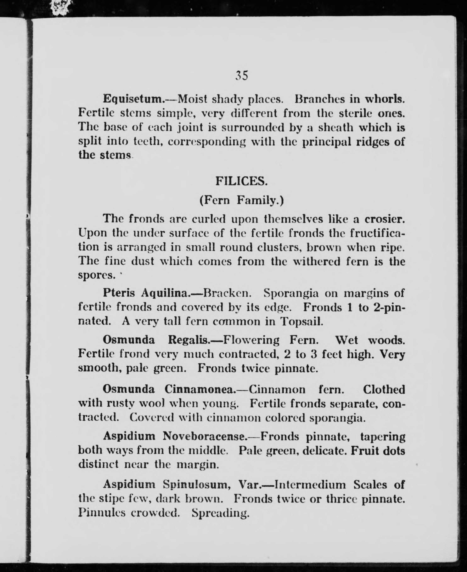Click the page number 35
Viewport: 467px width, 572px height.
pos(241,75)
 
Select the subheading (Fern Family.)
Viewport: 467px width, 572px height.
pos(241,201)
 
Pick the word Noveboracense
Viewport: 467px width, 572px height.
pos(205,436)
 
